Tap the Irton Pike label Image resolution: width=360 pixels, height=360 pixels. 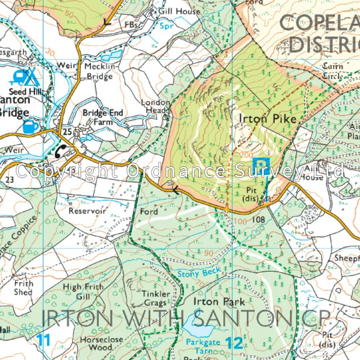tap(268, 119)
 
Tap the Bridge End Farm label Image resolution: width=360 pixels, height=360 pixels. tap(103, 117)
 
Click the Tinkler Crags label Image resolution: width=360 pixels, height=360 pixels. tap(156, 298)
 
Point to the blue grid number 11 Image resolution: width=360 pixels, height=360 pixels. tap(43, 340)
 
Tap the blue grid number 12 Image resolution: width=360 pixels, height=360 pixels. tap(234, 343)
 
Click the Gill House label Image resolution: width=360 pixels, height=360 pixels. tap(178, 11)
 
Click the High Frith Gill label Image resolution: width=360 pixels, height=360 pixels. tap(83, 292)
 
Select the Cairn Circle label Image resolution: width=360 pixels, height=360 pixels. tap(333, 71)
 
